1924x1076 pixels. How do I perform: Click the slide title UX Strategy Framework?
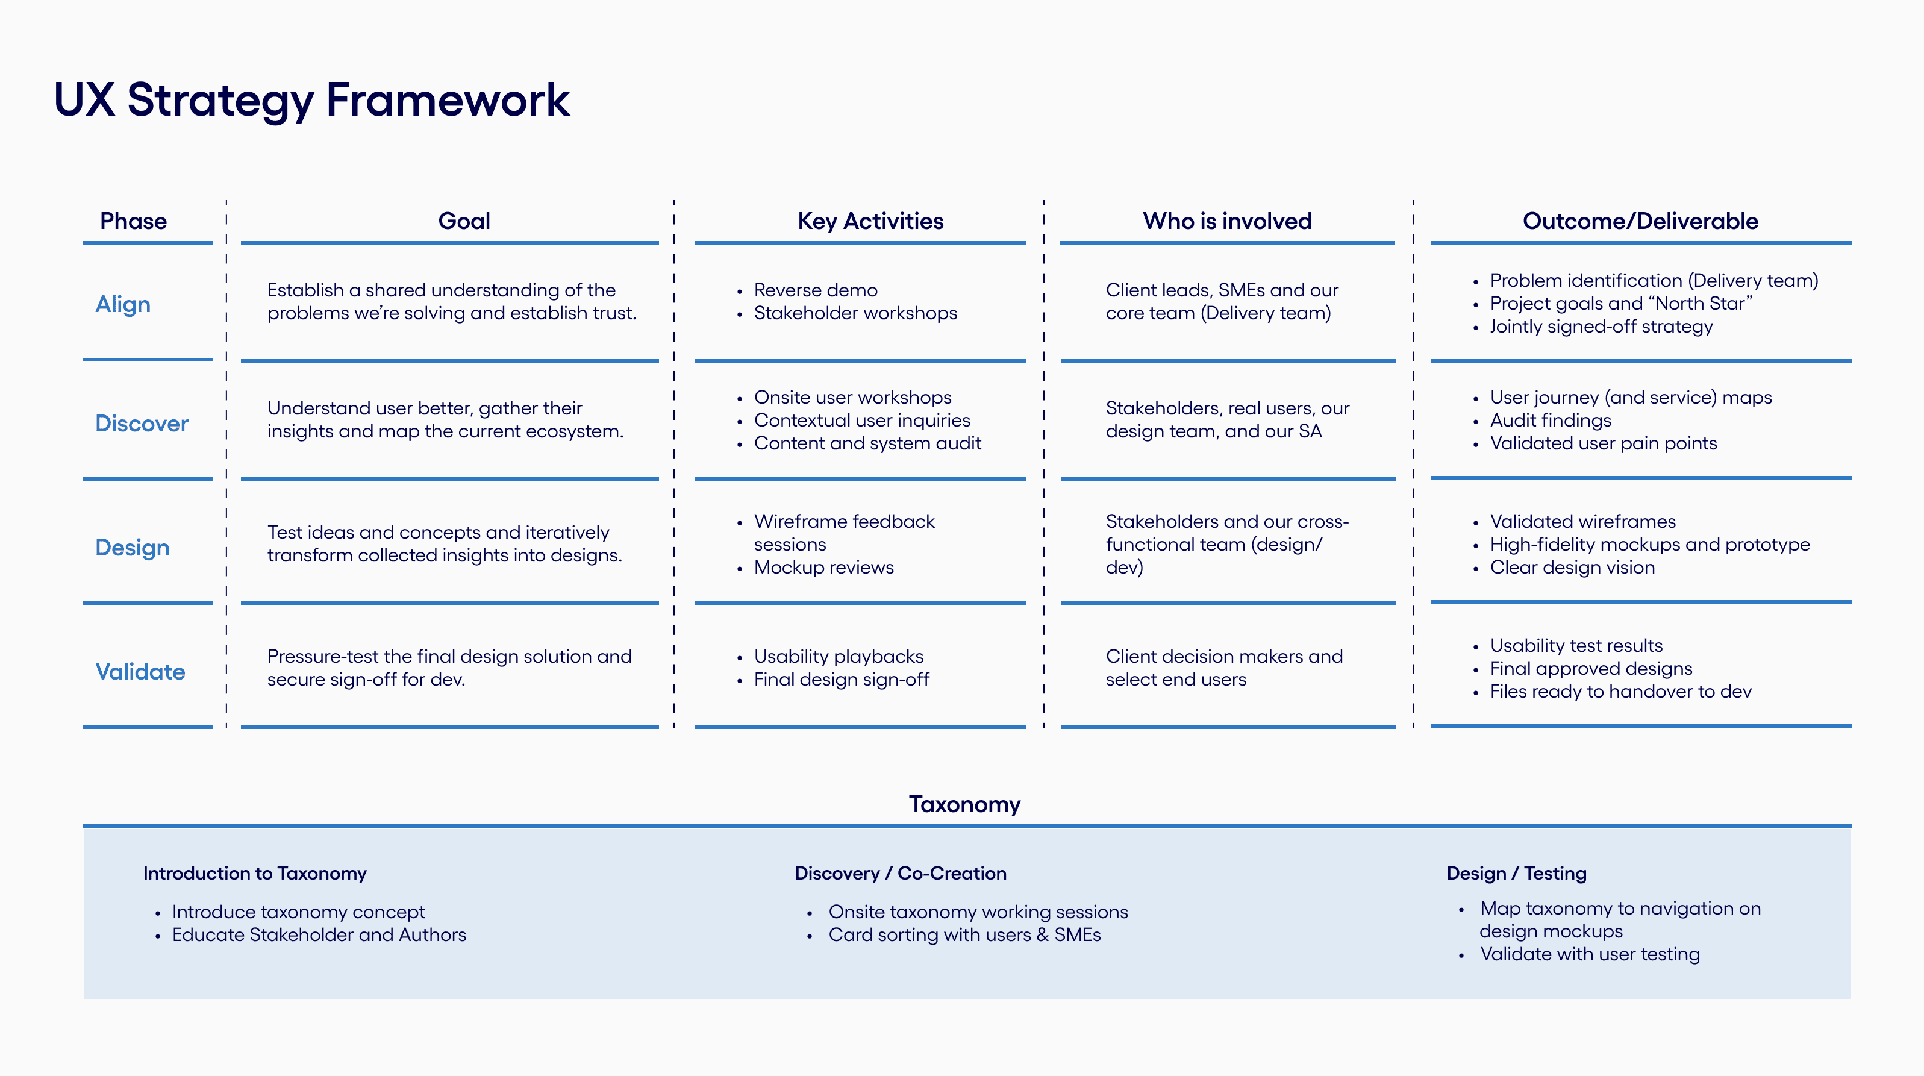click(x=311, y=100)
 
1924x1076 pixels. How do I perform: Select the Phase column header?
click(x=133, y=221)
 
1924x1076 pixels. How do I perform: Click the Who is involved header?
click(x=1227, y=221)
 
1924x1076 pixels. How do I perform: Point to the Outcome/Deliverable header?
click(x=1640, y=221)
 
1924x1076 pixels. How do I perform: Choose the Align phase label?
click(x=123, y=305)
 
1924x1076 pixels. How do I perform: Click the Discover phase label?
click(x=142, y=424)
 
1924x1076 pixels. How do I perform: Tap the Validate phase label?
click(x=140, y=672)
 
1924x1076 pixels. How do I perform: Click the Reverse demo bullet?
click(x=816, y=290)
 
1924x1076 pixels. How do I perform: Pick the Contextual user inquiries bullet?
click(x=862, y=421)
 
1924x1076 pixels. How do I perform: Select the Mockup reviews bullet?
click(x=824, y=567)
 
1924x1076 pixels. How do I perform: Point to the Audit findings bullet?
click(x=1551, y=421)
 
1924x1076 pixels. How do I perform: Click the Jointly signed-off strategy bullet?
click(x=1601, y=327)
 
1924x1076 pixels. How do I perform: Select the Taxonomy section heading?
click(x=964, y=805)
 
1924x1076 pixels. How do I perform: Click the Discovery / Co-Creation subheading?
click(x=901, y=874)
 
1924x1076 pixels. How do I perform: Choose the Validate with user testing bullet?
click(x=1590, y=955)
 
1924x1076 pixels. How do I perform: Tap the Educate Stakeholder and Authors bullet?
click(x=319, y=935)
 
